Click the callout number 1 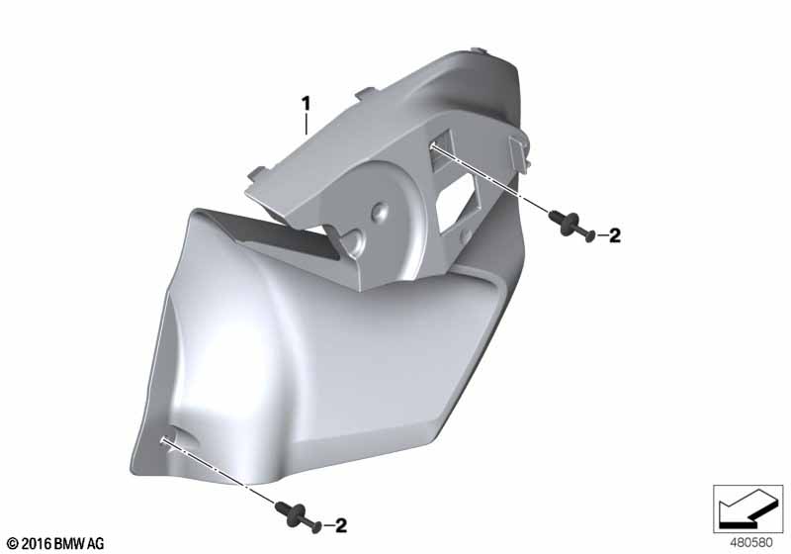pyautogui.click(x=306, y=105)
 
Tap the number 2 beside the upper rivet pyautogui.click(x=614, y=235)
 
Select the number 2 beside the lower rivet pyautogui.click(x=341, y=525)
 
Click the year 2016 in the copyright pyautogui.click(x=37, y=544)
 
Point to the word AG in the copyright pyautogui.click(x=96, y=544)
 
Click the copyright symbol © pyautogui.click(x=13, y=544)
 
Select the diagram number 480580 pyautogui.click(x=751, y=543)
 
